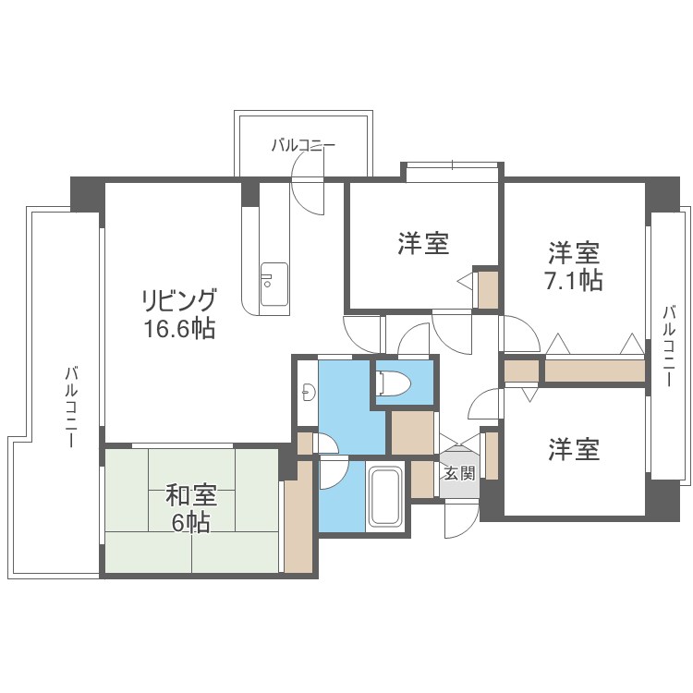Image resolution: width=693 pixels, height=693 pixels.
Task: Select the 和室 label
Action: click(x=191, y=496)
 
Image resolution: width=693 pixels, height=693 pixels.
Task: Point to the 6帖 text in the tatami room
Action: click(x=191, y=523)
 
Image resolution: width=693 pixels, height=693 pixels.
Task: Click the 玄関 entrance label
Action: click(x=458, y=474)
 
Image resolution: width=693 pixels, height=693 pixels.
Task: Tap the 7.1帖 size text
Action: click(x=573, y=281)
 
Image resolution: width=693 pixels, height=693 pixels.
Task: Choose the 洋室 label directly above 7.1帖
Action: click(x=573, y=252)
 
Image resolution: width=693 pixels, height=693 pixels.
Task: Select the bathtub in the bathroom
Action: click(x=383, y=497)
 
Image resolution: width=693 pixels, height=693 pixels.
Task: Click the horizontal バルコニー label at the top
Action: click(x=303, y=145)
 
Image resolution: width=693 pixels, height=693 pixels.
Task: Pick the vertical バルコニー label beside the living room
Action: click(x=70, y=407)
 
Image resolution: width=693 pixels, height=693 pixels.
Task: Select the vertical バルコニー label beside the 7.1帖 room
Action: click(x=668, y=346)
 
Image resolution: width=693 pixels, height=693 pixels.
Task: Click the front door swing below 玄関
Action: click(x=459, y=520)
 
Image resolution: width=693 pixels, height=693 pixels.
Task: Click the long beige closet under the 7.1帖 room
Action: click(x=593, y=371)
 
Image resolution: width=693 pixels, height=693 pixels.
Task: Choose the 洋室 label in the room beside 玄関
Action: click(x=573, y=450)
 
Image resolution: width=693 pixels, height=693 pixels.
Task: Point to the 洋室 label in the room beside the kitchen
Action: click(x=423, y=244)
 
